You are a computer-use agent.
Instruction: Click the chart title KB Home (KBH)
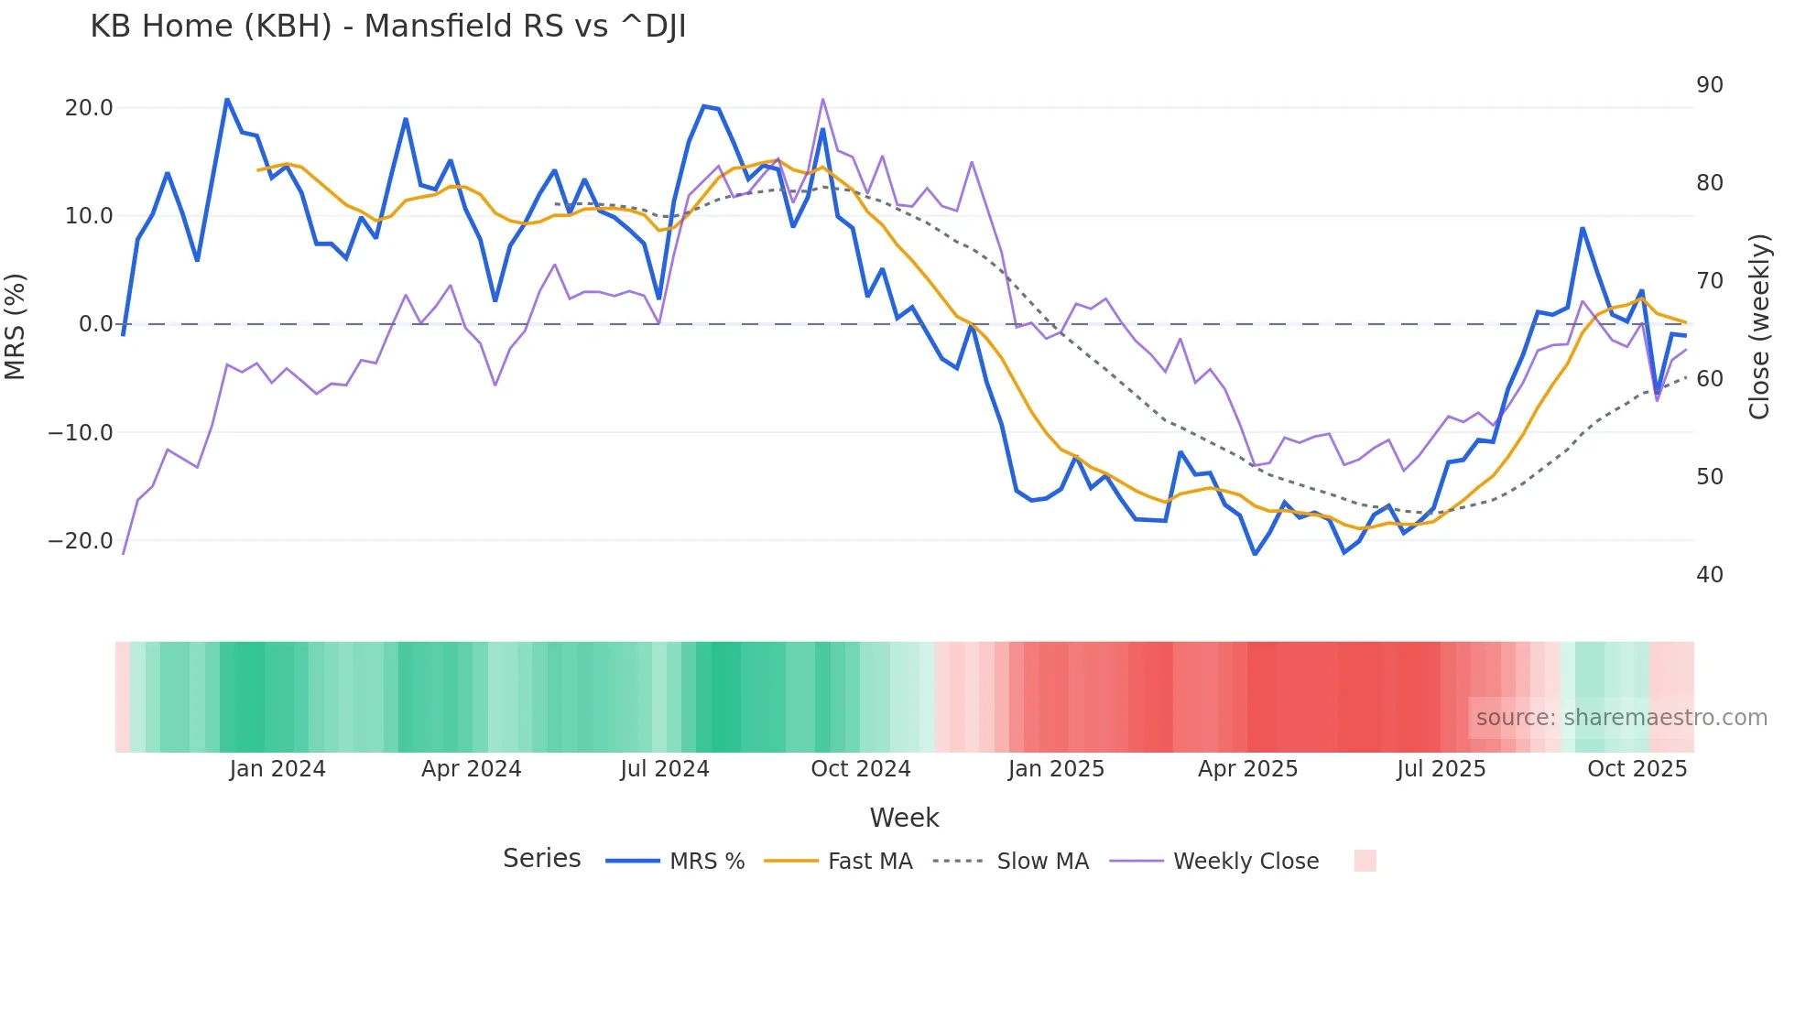tap(387, 27)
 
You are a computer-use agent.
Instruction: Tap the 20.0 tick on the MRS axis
tap(89, 108)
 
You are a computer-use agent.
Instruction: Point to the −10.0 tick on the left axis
tap(81, 432)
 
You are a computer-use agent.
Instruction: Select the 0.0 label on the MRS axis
tap(95, 324)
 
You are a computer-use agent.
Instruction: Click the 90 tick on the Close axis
tap(1709, 85)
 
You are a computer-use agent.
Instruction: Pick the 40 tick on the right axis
tap(1709, 575)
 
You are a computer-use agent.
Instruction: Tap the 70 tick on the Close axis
tap(1709, 281)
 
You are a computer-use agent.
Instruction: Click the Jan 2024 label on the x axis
tap(277, 769)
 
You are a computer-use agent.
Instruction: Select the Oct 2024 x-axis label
tap(861, 769)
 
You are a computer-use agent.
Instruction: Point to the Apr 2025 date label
tap(1247, 769)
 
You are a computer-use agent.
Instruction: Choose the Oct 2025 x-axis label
tap(1637, 769)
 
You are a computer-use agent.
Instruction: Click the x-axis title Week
tap(904, 818)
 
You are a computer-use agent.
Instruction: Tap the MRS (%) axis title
tap(16, 326)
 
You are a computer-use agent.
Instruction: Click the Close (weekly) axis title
tap(1759, 327)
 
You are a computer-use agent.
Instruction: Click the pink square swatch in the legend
tap(1365, 861)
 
